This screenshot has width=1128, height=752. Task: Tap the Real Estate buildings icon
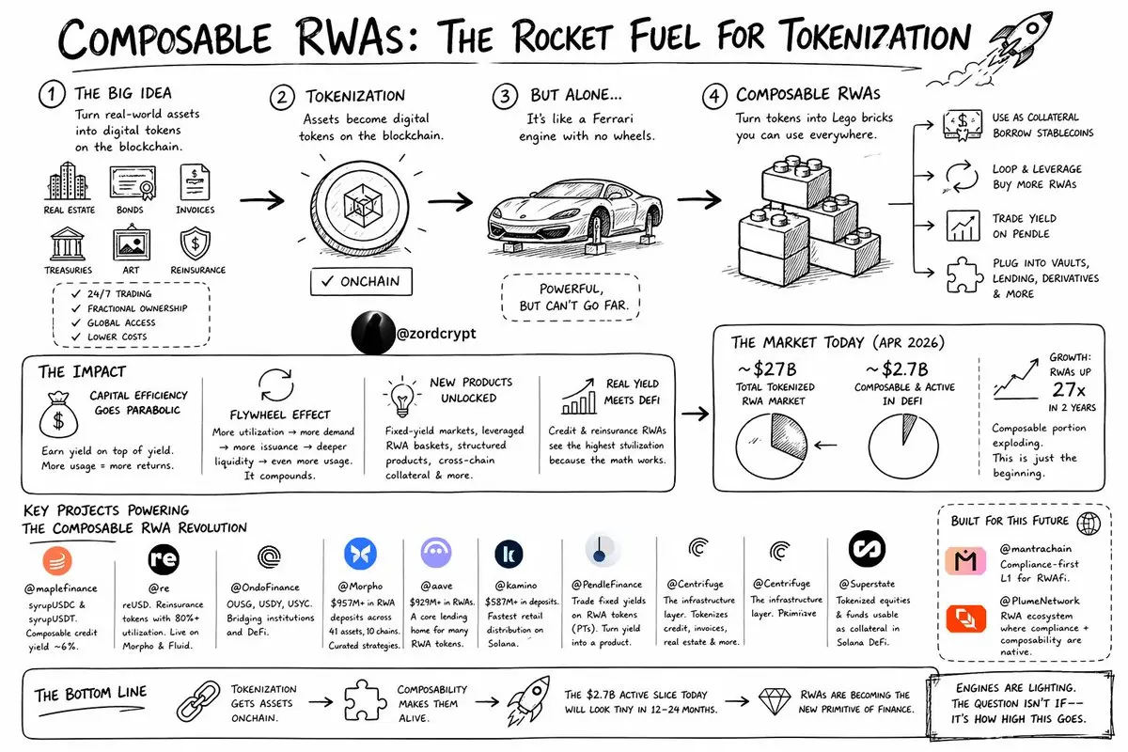click(x=69, y=181)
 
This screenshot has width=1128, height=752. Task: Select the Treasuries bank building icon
click(x=69, y=243)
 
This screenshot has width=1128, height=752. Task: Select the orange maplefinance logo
click(x=58, y=561)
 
